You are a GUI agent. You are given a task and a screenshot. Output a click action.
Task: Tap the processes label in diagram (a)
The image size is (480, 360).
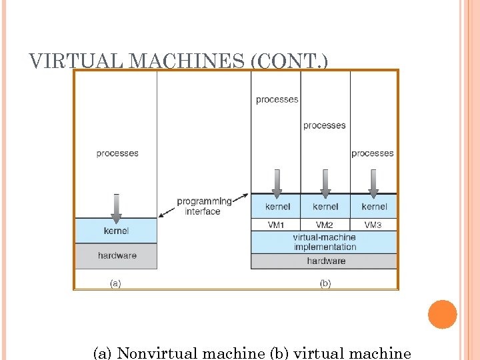pos(117,153)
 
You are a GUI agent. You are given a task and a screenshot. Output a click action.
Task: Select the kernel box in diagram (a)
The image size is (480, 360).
pos(116,231)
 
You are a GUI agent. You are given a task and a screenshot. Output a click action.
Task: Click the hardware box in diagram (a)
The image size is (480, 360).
pos(117,255)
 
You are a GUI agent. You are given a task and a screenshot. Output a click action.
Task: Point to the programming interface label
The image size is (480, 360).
pos(204,206)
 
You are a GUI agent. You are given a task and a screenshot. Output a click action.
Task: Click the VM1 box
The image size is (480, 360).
pos(276,225)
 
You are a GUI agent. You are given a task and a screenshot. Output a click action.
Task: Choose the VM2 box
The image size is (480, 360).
pos(325,225)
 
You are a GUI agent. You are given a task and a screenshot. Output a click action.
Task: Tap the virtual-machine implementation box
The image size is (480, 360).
pos(325,242)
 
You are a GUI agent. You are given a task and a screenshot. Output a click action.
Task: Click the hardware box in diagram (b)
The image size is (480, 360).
pos(325,261)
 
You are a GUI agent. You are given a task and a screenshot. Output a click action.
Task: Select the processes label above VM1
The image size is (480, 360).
pos(277,100)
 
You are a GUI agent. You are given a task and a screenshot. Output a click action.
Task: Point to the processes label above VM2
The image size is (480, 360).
pos(325,125)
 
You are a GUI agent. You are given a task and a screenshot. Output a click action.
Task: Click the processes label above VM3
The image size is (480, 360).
pos(373,153)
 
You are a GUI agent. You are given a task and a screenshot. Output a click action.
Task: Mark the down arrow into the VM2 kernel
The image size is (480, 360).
pos(325,183)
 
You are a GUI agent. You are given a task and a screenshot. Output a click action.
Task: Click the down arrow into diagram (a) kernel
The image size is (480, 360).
pos(117,208)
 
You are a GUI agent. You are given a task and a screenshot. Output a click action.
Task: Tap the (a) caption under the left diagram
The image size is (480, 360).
pos(115,283)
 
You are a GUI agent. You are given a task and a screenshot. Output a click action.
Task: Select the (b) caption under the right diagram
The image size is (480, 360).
pos(325,283)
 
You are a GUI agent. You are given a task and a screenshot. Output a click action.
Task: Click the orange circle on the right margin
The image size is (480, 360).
pos(442,314)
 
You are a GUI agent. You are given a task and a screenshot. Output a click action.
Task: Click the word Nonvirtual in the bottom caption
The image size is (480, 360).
pos(160,353)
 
